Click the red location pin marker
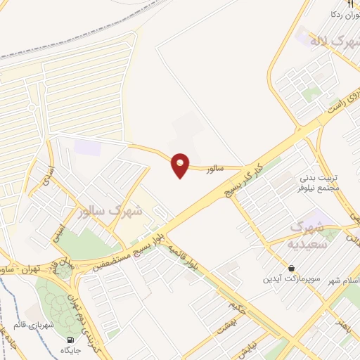(x=181, y=165)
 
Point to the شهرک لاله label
(x=332, y=43)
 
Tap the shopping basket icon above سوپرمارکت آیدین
(x=292, y=266)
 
